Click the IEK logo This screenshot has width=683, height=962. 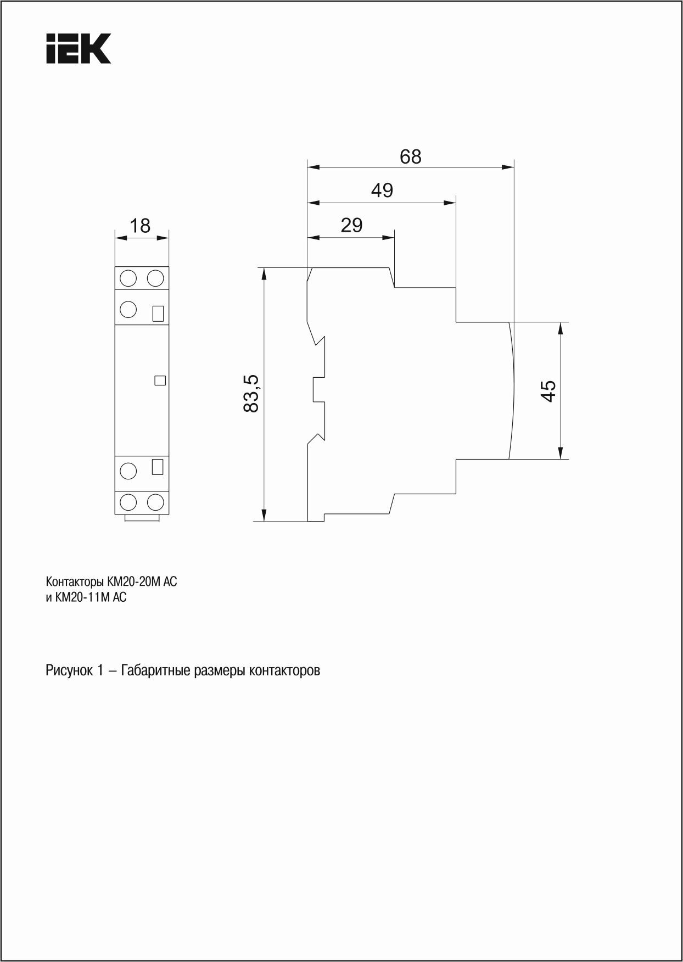tap(79, 48)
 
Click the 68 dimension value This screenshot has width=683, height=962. tap(410, 156)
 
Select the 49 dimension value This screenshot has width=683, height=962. tap(382, 191)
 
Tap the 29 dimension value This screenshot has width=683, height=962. tap(351, 225)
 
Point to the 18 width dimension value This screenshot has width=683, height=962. tap(141, 226)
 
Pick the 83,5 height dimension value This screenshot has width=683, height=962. tap(251, 393)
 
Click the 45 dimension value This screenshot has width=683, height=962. tap(548, 390)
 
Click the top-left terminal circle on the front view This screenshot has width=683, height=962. tap(128, 278)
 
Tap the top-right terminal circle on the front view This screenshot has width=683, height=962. tap(156, 278)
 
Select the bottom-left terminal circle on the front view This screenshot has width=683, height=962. tap(128, 501)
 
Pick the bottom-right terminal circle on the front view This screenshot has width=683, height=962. tap(156, 501)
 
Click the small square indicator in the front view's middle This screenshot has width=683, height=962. tap(160, 380)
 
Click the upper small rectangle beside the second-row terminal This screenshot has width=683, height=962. tap(158, 313)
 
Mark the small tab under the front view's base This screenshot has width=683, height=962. tap(142, 518)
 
